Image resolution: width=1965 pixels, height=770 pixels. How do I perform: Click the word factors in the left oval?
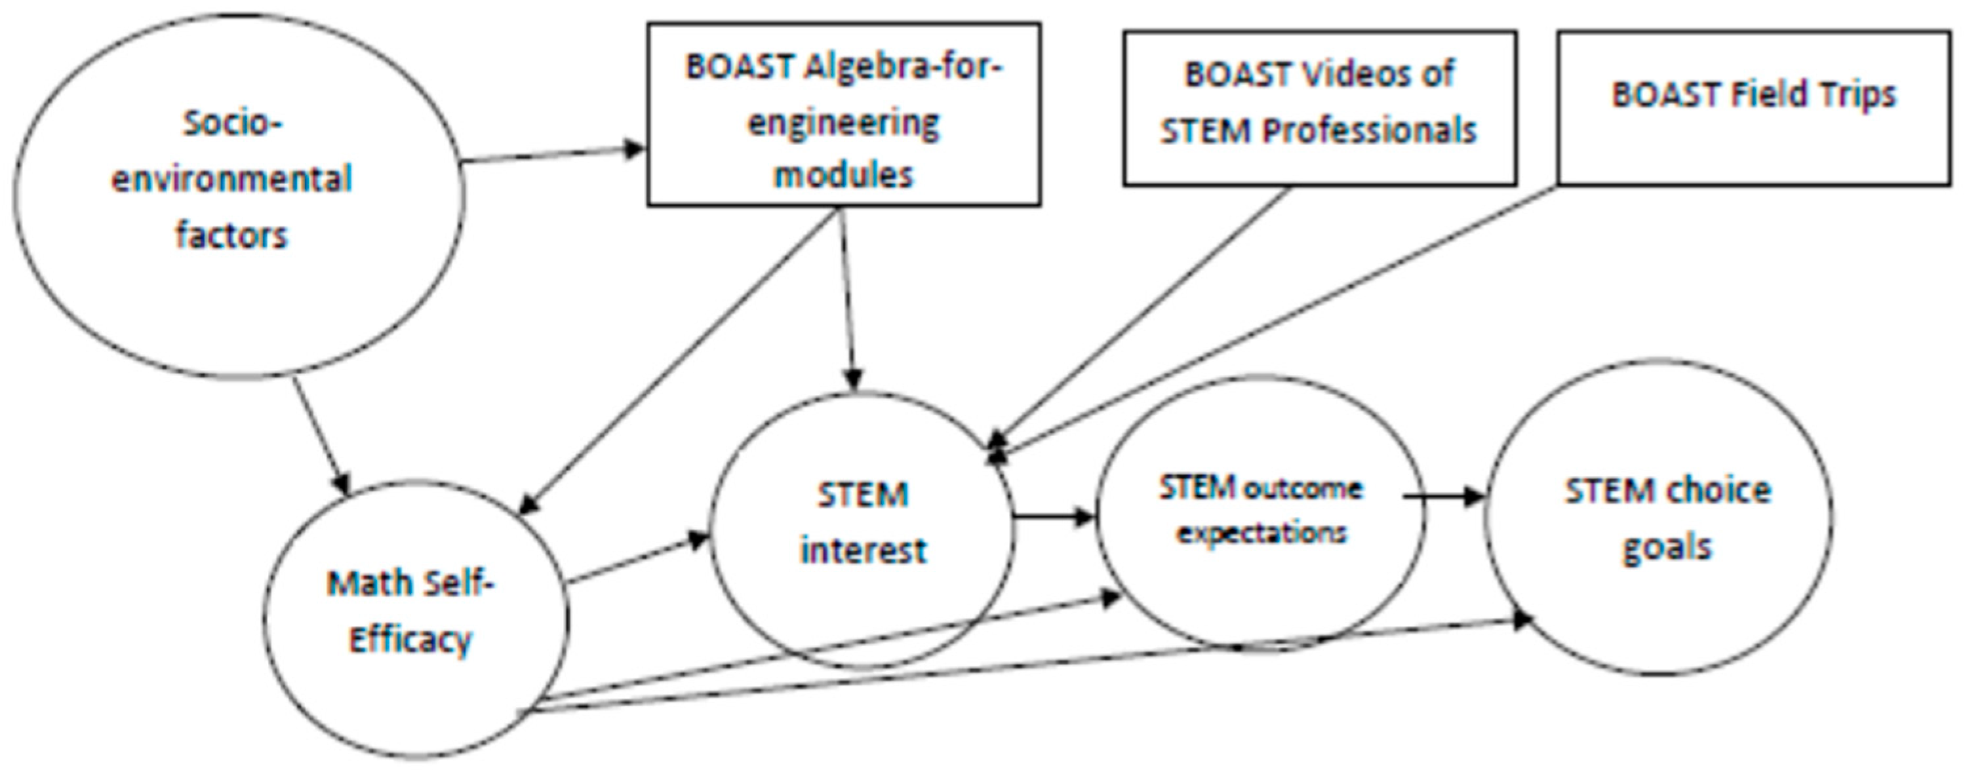232,235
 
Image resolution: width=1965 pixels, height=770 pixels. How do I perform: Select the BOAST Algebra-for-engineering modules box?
844,115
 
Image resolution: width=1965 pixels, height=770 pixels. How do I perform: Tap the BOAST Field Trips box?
1753,108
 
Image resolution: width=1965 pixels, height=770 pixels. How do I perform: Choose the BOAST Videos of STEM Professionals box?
1319,108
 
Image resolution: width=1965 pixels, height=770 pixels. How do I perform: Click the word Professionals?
1368,131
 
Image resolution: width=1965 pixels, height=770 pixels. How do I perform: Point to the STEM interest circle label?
863,523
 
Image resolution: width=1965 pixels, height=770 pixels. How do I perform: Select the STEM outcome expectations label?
1260,509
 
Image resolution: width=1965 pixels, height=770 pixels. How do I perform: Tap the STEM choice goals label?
1667,518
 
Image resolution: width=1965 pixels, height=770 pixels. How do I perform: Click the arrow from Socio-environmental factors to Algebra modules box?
553,155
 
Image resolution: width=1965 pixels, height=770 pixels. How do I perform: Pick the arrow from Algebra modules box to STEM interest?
848,298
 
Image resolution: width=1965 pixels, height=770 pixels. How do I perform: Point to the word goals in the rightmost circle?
1667,547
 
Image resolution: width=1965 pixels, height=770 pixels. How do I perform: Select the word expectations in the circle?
1261,532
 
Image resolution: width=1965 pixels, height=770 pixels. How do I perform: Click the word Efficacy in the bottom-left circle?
410,640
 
